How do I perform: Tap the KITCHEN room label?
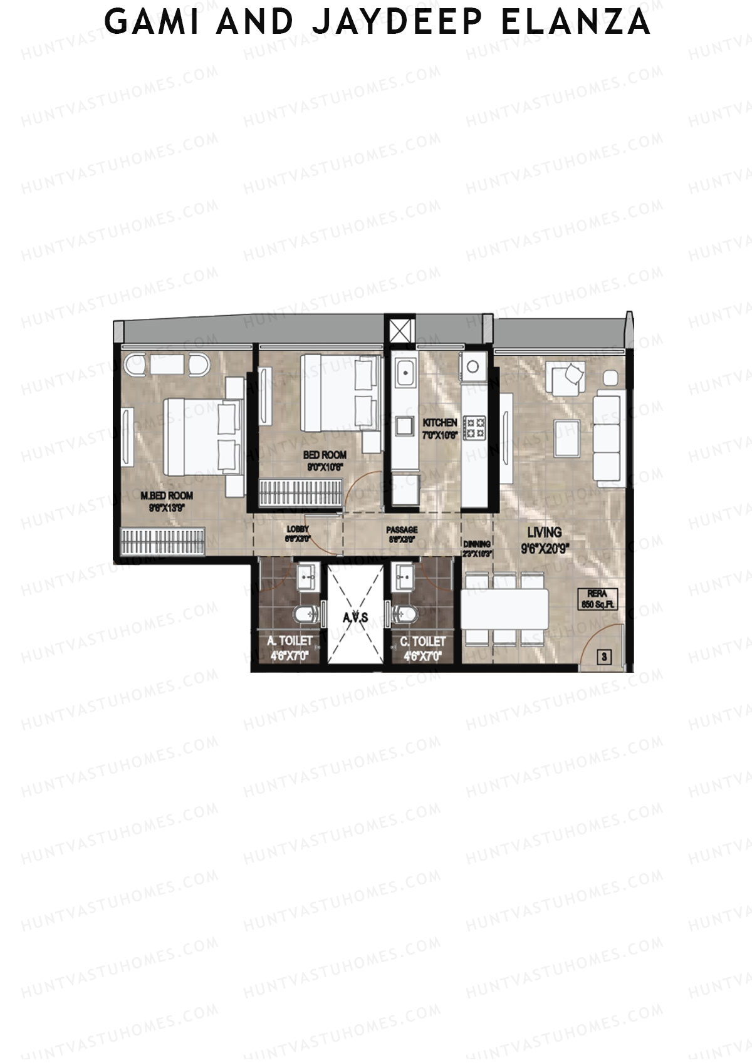(439, 423)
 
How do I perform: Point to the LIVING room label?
(544, 532)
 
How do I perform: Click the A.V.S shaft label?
(355, 617)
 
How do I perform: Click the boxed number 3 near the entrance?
(604, 657)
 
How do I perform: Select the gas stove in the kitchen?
(474, 427)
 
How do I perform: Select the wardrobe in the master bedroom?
(163, 541)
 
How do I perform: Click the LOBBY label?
(298, 529)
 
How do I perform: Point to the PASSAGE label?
(402, 530)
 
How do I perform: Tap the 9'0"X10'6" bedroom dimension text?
(324, 467)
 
